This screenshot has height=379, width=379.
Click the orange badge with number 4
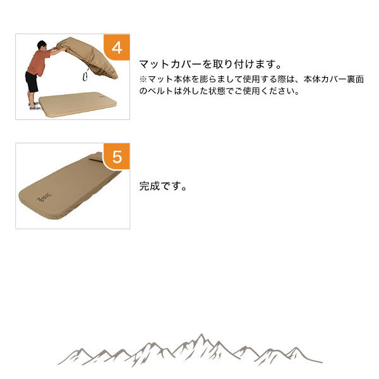tap(117, 47)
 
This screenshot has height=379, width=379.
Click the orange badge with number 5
tap(117, 157)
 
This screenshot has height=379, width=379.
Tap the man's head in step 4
tap(42, 45)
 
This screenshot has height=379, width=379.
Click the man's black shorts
tap(32, 81)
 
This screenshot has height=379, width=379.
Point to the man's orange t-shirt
tap(38, 63)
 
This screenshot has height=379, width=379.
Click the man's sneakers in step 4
tap(35, 106)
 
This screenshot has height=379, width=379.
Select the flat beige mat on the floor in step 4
tap(78, 104)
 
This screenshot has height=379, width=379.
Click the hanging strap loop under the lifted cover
tap(85, 76)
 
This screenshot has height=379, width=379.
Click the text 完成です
tap(163, 186)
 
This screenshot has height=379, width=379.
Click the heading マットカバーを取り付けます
tap(210, 64)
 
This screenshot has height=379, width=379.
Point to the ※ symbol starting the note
tap(143, 79)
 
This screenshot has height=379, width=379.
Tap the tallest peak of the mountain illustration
tap(201, 335)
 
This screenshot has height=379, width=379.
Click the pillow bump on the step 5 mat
tap(96, 157)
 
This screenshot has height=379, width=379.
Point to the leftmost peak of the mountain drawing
tap(81, 349)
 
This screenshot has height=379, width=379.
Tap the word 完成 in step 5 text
tap(149, 186)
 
